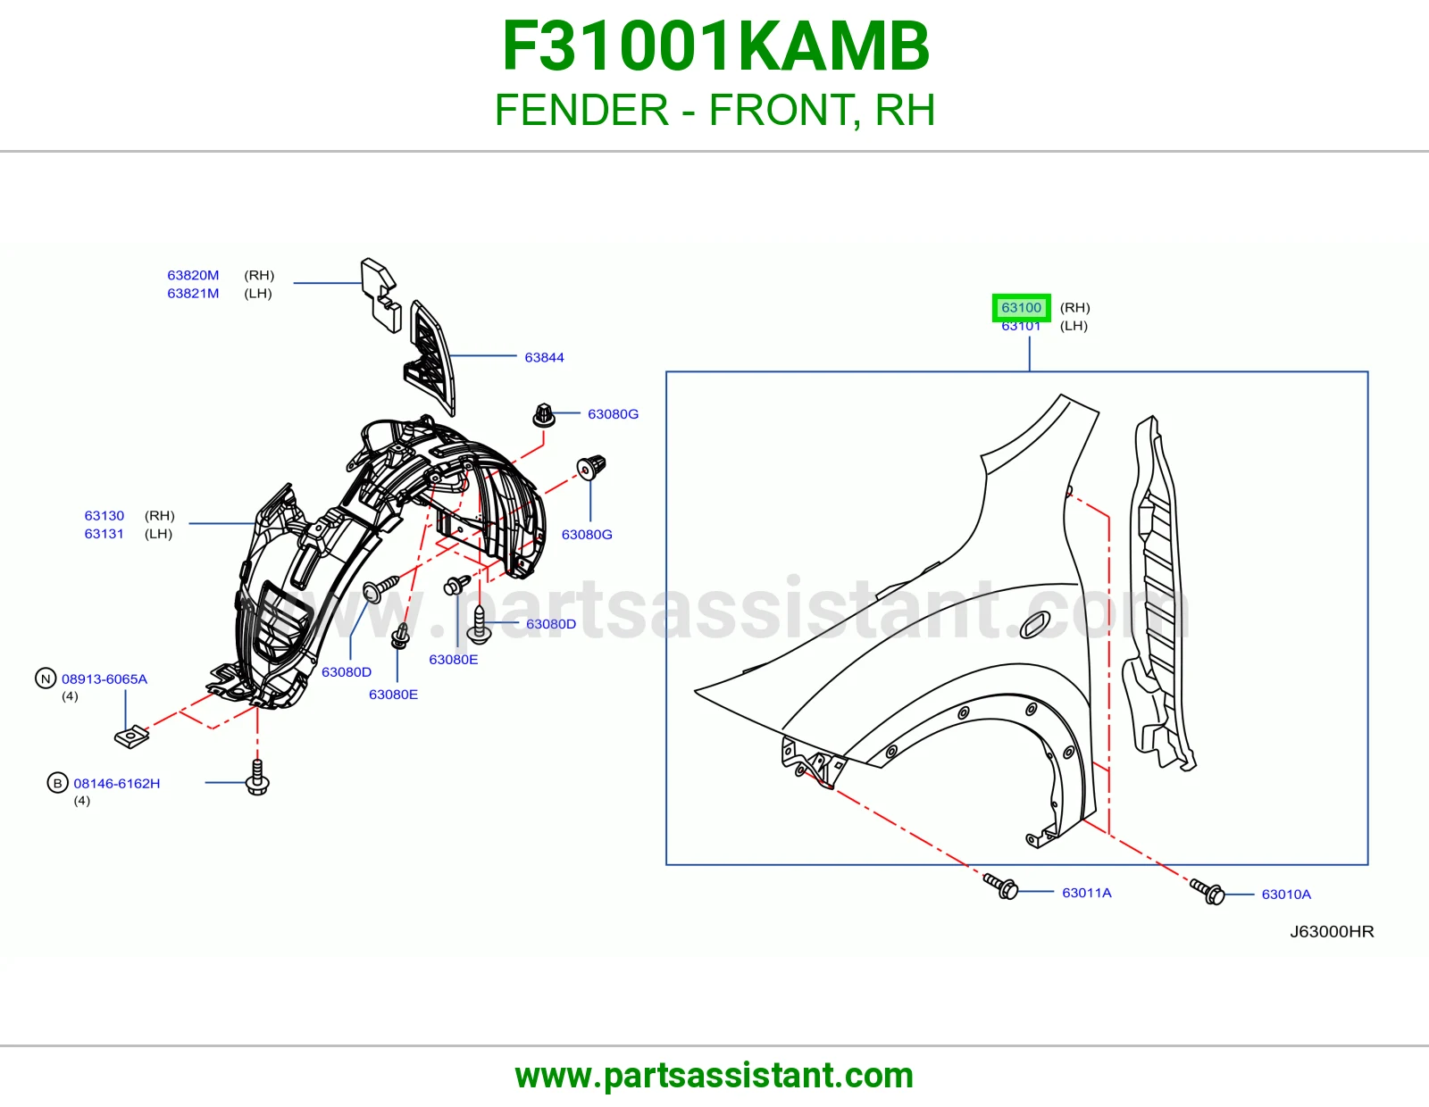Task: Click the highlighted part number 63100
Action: (x=1021, y=308)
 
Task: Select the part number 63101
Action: (x=1021, y=326)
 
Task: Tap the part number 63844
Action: (x=544, y=358)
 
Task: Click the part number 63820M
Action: (x=193, y=276)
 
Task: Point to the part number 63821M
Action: (x=193, y=293)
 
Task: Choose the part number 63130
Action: (x=104, y=515)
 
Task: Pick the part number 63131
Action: (x=104, y=534)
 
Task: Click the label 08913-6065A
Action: (x=104, y=679)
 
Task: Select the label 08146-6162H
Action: (x=117, y=784)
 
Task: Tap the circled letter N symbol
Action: (x=46, y=678)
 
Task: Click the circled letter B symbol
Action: (x=58, y=783)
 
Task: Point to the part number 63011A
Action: (x=1086, y=893)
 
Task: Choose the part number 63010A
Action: (x=1285, y=894)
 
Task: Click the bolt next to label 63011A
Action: (x=1000, y=886)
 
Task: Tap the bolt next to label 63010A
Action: (x=1208, y=892)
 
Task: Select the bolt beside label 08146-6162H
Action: (x=257, y=778)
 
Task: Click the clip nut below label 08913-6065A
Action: (x=131, y=737)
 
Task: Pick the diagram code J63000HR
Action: (x=1332, y=931)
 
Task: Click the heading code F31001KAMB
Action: (x=715, y=46)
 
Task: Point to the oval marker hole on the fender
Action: (x=1034, y=625)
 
